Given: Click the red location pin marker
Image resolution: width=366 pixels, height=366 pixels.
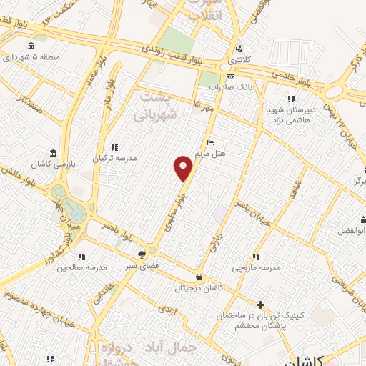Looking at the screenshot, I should (184, 167).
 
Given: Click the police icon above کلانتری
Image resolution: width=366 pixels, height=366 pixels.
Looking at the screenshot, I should (239, 49).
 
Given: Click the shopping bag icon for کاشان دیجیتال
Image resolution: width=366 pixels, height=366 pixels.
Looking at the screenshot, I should (198, 277).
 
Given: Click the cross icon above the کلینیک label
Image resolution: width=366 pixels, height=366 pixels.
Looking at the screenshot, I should (259, 304).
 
